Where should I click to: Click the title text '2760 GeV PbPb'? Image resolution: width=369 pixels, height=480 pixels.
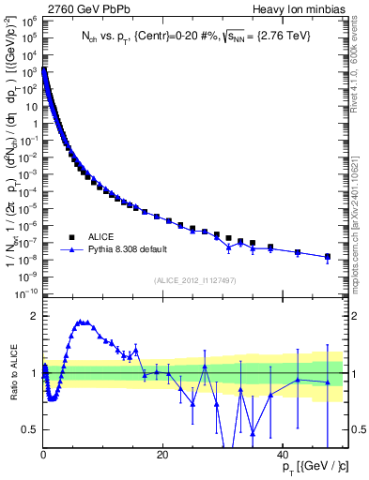pyautogui.click(x=78, y=9)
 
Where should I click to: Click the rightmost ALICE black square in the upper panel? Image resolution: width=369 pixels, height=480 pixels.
pyautogui.click(x=328, y=256)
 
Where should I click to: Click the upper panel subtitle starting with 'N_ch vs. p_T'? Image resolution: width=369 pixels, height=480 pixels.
pyautogui.click(x=196, y=37)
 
